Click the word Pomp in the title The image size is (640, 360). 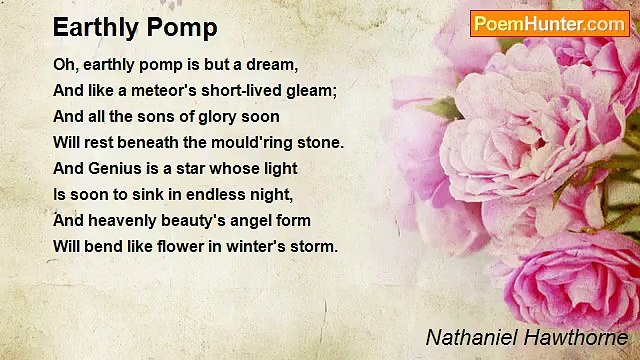[x=184, y=27]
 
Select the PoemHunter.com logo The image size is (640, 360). [x=549, y=23]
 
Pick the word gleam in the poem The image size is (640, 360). [x=312, y=91]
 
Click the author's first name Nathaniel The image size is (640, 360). [x=467, y=338]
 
